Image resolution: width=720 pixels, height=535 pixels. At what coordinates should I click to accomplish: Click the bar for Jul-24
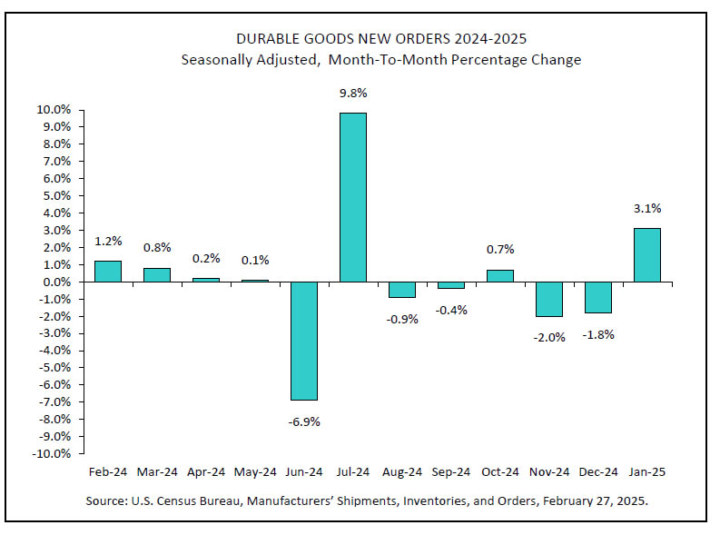pos(353,197)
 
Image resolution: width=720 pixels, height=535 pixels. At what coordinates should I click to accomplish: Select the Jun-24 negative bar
pos(303,341)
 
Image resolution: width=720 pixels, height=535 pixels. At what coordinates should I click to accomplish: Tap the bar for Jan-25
pos(646,254)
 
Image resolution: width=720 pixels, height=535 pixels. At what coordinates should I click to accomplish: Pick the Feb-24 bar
pos(107,272)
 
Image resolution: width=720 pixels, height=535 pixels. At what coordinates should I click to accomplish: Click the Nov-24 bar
pos(548,299)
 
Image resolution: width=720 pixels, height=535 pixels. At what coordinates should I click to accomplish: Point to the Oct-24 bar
pos(499,276)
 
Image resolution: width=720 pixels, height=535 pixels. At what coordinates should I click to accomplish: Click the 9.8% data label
pos(353,94)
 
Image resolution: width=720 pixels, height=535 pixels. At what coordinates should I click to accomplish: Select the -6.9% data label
pos(303,421)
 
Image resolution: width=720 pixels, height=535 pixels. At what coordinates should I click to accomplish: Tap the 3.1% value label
pos(646,209)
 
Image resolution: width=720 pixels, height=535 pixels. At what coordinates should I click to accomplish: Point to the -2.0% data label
pos(548,337)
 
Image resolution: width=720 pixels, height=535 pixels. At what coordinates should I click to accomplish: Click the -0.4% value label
pos(450,310)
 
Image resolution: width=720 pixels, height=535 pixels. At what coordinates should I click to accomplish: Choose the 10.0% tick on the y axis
pos(54,110)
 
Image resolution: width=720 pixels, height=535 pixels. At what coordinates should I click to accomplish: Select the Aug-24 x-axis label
pos(401,472)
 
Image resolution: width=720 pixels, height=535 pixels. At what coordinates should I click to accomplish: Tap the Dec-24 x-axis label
pos(597,472)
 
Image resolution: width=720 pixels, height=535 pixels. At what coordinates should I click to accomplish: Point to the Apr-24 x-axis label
pos(205,472)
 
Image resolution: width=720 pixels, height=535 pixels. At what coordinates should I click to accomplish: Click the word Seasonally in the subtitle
pos(218,60)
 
